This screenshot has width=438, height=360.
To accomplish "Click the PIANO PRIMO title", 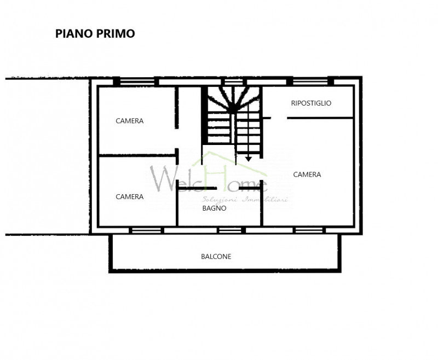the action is click(95, 33).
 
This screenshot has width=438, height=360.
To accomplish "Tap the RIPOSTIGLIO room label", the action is click(311, 103).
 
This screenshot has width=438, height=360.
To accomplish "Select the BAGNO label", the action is click(214, 208).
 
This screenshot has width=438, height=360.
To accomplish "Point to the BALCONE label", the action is click(216, 257).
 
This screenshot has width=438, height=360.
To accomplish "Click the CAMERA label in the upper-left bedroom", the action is click(129, 121).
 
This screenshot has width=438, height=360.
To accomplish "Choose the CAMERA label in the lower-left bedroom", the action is click(129, 197).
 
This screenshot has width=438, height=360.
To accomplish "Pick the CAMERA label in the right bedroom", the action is click(307, 175).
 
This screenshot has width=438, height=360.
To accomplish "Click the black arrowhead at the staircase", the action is click(249, 159).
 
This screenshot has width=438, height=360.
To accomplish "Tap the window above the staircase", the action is click(234, 82).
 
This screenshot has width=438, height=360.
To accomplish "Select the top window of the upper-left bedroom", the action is click(137, 82).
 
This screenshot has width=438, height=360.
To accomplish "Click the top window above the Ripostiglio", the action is click(310, 82).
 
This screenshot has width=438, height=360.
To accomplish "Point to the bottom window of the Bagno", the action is click(230, 230).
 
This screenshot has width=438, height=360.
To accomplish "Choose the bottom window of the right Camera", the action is click(309, 230).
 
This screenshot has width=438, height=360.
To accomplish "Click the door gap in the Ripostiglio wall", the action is click(279, 118).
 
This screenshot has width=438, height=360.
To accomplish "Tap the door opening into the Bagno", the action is click(228, 189).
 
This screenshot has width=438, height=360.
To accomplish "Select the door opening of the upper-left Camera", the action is click(176, 139).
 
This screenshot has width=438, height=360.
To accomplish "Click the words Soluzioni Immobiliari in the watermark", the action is click(245, 200).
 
